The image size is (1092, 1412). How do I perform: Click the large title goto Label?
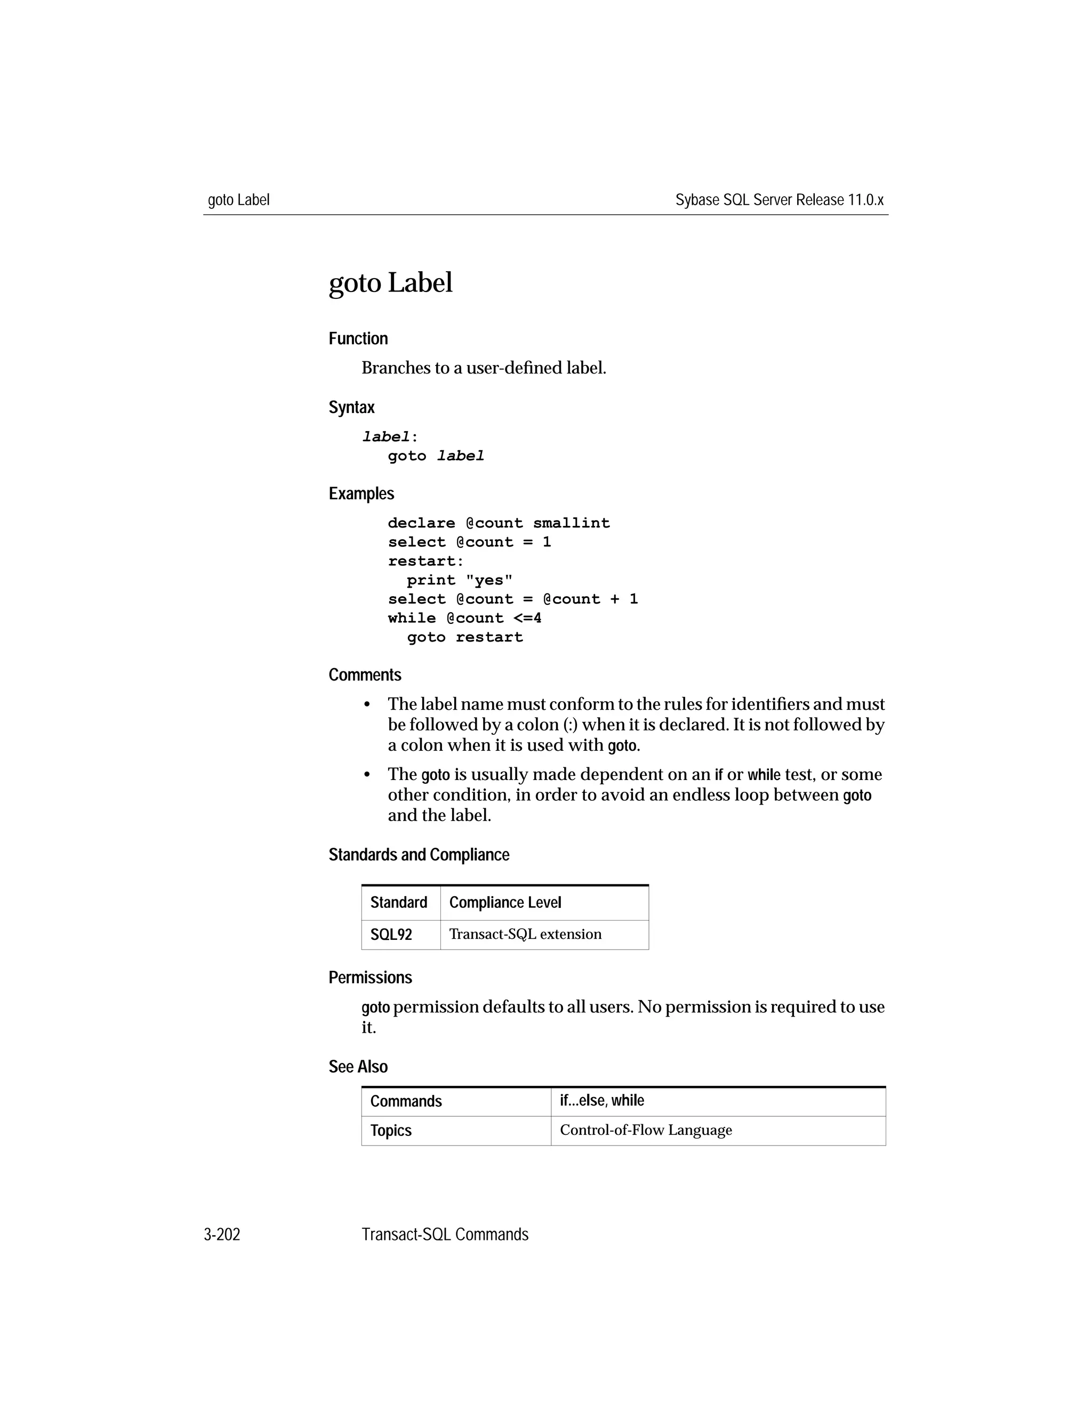pos(390,283)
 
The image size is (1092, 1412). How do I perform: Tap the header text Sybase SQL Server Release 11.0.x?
pos(779,200)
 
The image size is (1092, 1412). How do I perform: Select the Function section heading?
pos(358,339)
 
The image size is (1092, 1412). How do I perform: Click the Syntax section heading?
pos(351,407)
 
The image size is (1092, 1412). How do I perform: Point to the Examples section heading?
pos(361,493)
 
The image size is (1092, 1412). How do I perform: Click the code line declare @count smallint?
pos(498,523)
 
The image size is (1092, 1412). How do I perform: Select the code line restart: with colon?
pos(425,561)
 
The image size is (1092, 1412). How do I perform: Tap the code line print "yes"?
pos(459,580)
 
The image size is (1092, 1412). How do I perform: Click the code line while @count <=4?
pos(464,618)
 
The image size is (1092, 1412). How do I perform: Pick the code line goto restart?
pos(464,637)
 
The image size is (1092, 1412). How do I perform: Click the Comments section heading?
pos(365,675)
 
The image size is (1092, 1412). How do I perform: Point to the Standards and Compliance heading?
pos(419,855)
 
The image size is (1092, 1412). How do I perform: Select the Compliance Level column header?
pos(504,903)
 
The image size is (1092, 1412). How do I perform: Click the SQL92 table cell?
pos(391,935)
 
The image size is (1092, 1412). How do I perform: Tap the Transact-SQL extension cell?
pos(525,934)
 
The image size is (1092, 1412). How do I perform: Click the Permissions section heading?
pos(370,978)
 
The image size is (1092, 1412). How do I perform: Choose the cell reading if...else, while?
pos(601,1100)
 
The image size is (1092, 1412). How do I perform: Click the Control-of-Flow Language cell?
pos(646,1130)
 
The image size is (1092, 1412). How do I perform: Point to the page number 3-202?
pos(222,1235)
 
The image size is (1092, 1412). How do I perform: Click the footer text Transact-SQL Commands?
pos(445,1235)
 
